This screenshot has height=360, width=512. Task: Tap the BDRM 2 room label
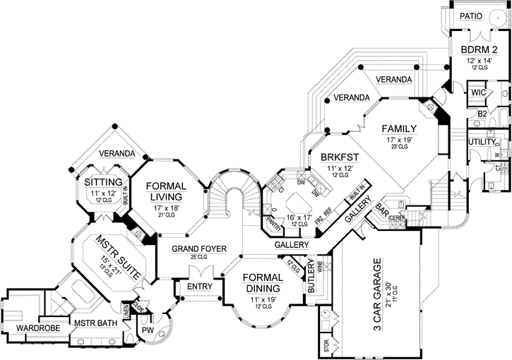(478, 52)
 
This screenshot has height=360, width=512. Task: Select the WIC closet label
(477, 92)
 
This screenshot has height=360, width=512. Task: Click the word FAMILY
(399, 128)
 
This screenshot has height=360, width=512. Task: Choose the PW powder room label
(148, 330)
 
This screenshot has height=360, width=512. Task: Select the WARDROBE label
(35, 329)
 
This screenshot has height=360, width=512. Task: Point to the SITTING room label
(100, 182)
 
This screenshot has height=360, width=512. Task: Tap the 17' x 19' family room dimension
(400, 140)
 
